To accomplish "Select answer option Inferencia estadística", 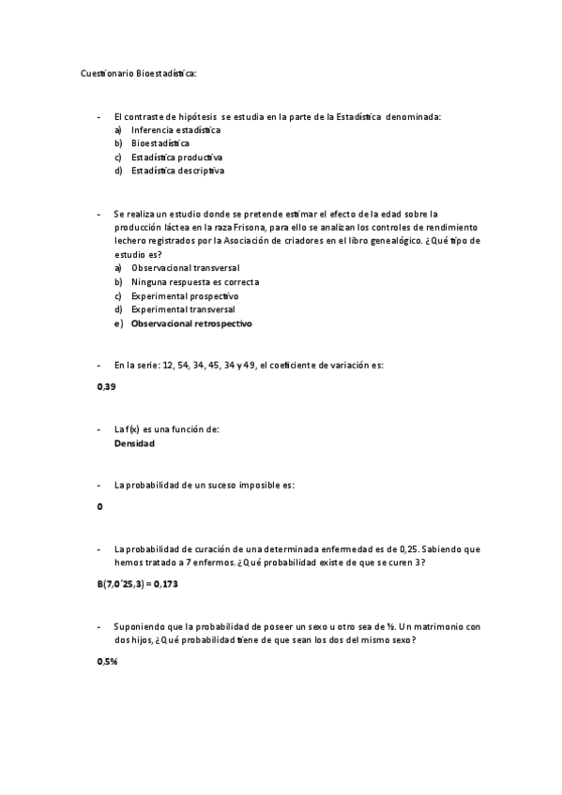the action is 175,129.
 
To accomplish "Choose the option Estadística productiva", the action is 176,157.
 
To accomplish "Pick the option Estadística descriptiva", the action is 177,172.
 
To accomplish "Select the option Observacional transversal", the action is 185,268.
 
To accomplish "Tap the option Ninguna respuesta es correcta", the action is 195,282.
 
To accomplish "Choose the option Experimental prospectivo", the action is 185,295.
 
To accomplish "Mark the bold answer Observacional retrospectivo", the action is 191,323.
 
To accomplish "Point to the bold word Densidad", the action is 134,443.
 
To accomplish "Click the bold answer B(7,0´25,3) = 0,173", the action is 137,584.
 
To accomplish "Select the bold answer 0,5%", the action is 107,661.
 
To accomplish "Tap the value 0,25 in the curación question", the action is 410,548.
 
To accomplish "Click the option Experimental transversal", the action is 183,309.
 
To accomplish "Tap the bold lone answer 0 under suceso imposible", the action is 99,507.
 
